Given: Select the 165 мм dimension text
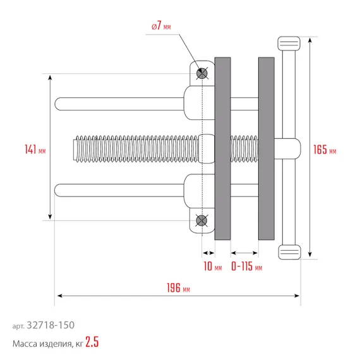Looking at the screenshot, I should point(325,150).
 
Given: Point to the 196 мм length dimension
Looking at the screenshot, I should point(177,289).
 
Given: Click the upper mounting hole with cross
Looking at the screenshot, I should point(201,73).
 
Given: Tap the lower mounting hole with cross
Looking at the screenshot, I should point(201,220).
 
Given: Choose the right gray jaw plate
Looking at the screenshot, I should point(267,149).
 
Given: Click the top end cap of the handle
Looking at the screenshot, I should point(289,44).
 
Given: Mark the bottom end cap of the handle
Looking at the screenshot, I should point(289,253).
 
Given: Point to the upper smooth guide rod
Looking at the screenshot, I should point(120,103).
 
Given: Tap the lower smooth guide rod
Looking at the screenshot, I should point(120,189).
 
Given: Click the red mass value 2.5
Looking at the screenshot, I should point(92,344).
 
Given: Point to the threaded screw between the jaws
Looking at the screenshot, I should point(245,146).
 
